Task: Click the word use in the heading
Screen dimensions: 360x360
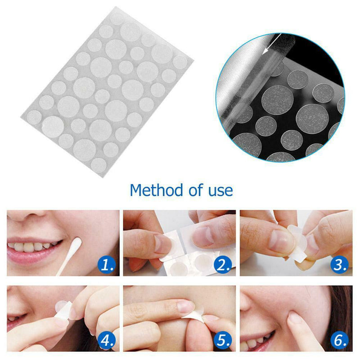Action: click(x=220, y=191)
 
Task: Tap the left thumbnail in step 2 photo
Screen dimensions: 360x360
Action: click(x=163, y=243)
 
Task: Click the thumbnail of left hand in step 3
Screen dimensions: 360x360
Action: click(x=281, y=241)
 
